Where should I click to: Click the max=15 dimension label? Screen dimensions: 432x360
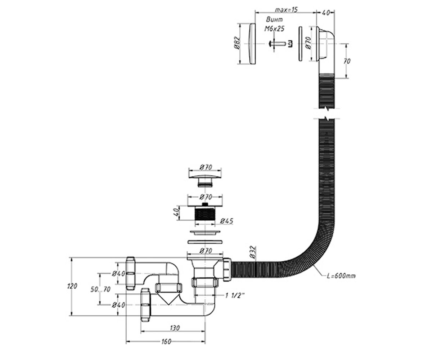tap(286, 10)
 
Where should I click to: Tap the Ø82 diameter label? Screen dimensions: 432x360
tap(237, 43)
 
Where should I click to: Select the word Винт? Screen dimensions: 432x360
tap(274, 20)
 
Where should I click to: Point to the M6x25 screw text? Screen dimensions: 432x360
tap(274, 28)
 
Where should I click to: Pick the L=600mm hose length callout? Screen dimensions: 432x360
tap(341, 276)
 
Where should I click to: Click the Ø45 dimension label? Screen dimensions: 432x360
tap(226, 221)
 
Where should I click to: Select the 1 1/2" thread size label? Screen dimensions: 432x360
tap(235, 296)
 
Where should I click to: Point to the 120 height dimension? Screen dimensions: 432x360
tap(72, 286)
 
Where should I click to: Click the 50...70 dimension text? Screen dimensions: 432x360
tap(100, 289)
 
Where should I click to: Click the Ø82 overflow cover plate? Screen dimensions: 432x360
tap(252, 44)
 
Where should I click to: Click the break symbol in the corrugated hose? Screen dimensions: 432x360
tap(327, 113)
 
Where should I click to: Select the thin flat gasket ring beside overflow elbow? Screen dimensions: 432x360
tap(300, 44)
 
